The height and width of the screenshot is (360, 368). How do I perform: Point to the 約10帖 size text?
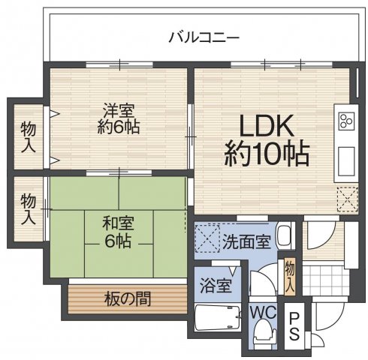coord(267,154)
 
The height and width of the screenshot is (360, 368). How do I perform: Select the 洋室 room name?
coord(119,109)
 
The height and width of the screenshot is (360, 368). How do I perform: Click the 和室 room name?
coord(118,223)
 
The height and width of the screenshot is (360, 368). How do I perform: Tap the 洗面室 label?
coord(246,241)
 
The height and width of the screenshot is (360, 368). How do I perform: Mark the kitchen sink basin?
coord(347,159)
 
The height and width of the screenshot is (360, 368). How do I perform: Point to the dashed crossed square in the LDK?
coord(347,199)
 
